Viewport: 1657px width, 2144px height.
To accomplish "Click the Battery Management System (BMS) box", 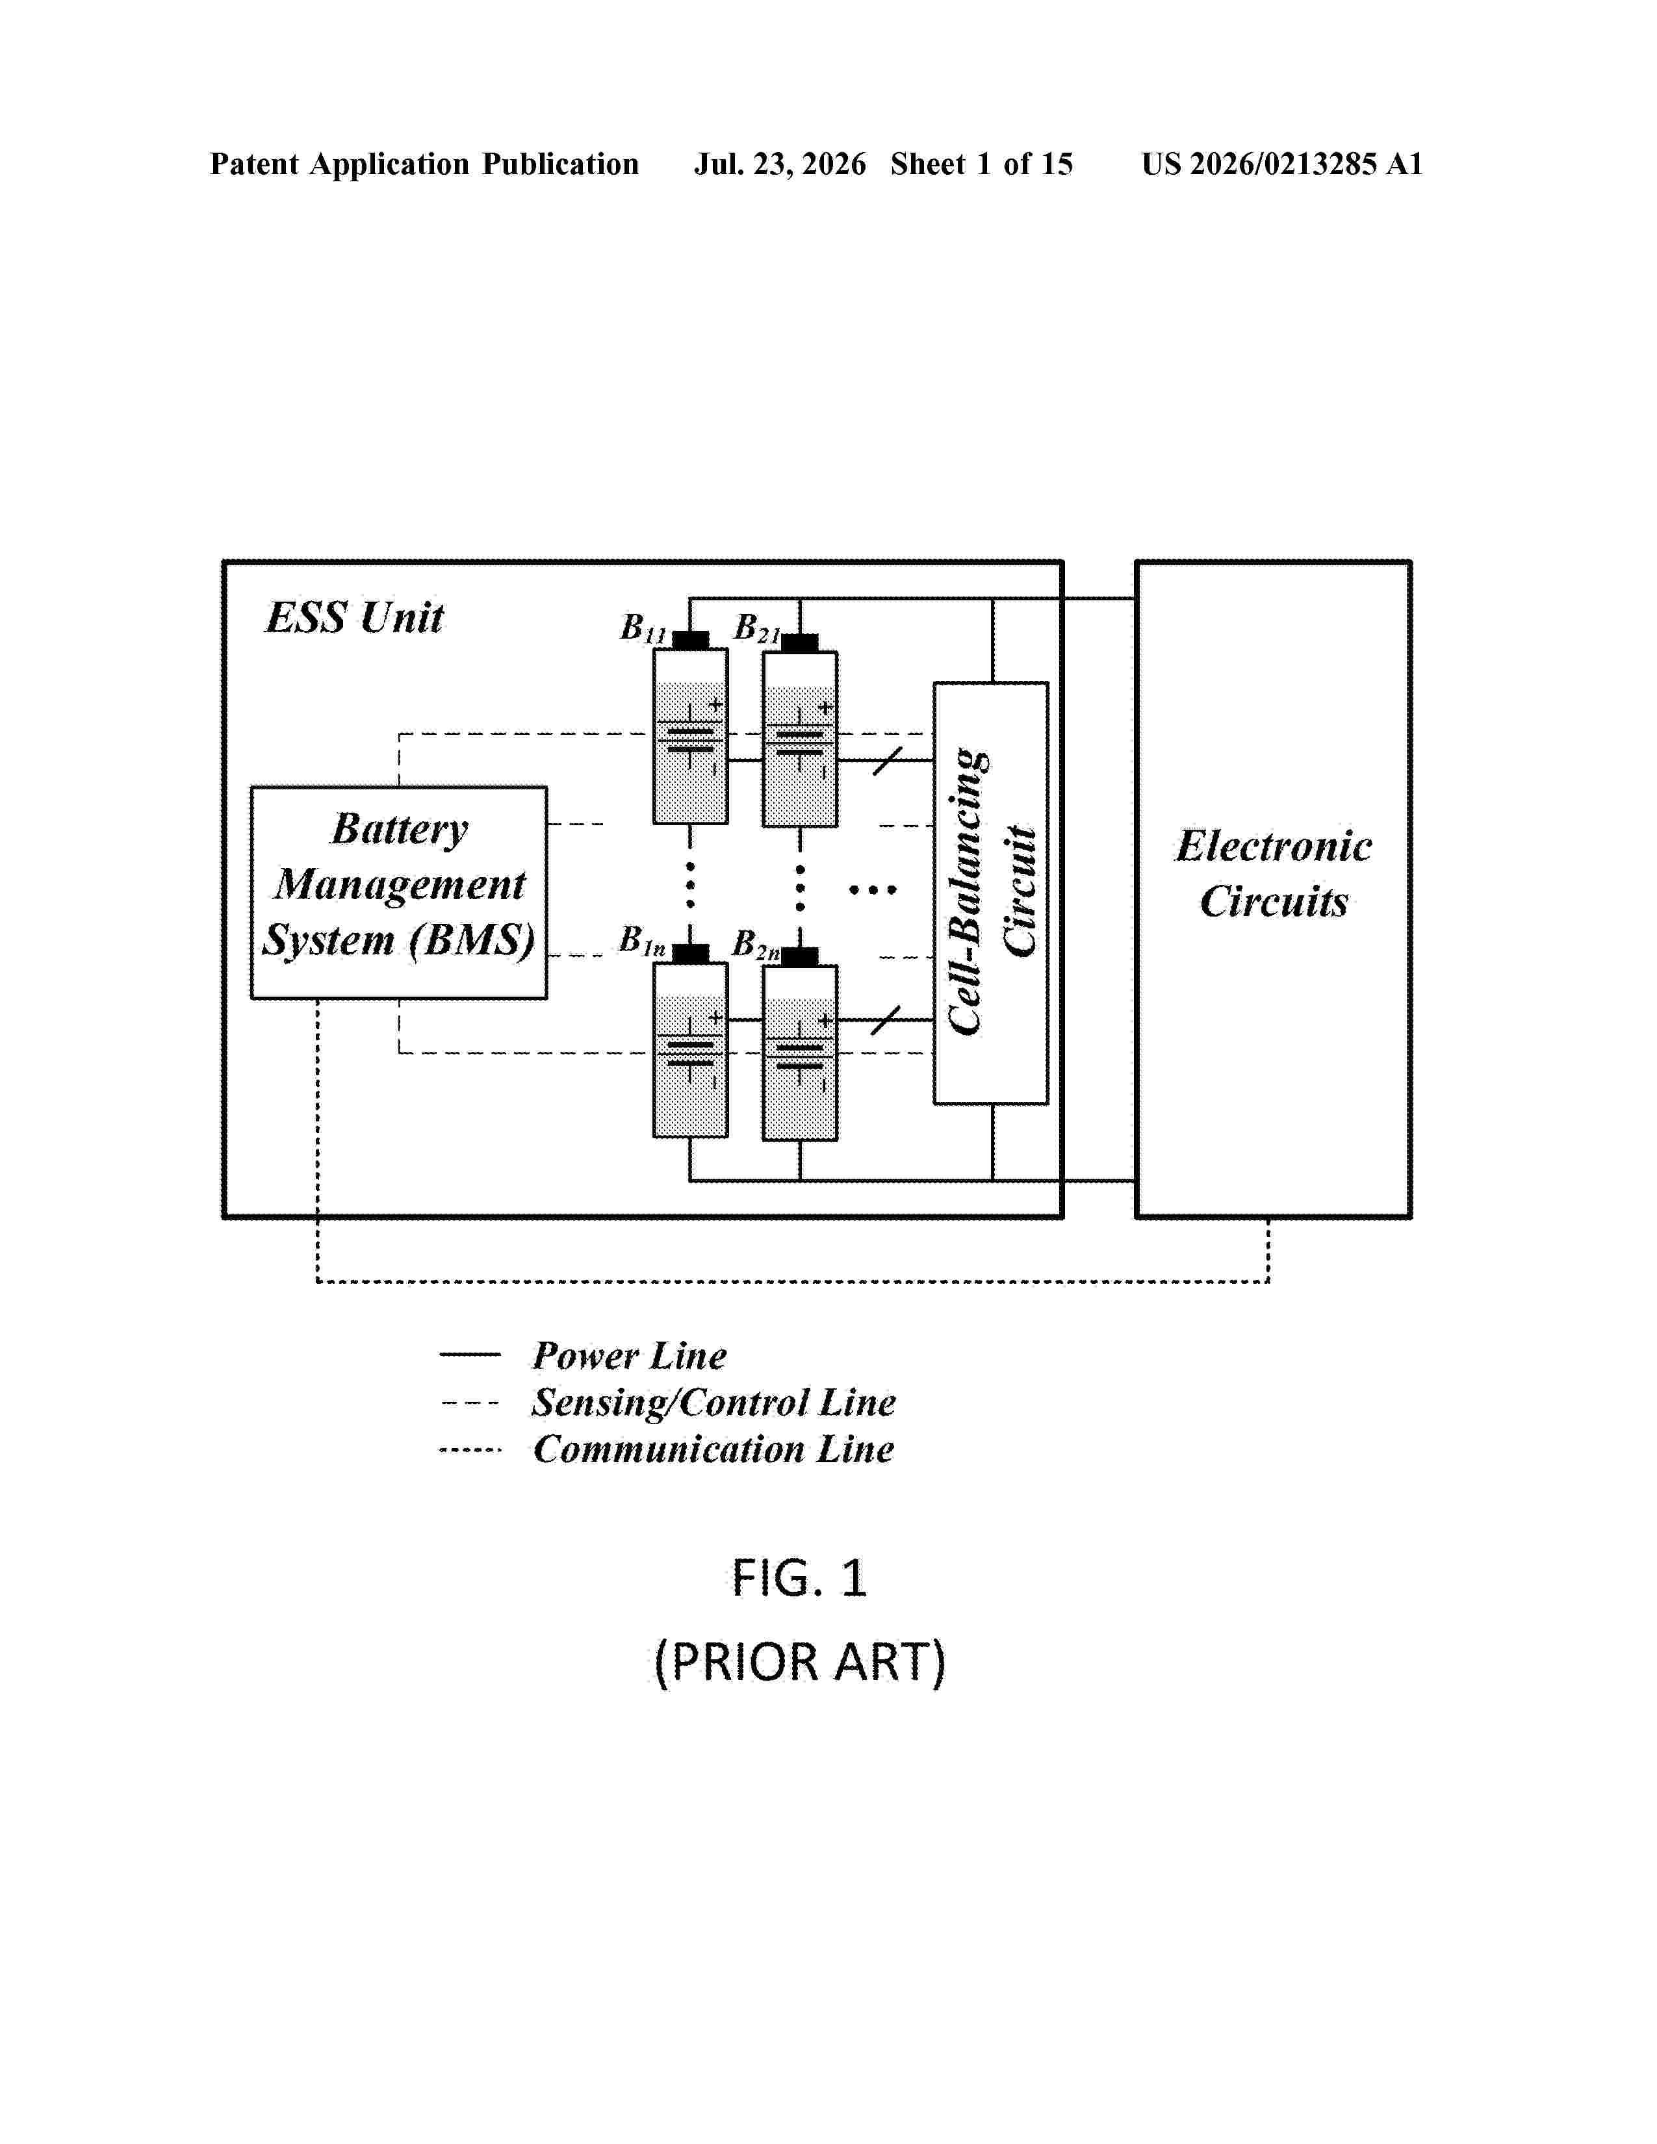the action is click(x=398, y=892).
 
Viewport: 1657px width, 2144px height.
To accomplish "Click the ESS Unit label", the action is click(x=354, y=617).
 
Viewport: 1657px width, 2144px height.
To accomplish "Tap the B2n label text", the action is click(x=756, y=945).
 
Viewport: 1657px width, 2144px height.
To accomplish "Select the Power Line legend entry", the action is click(x=583, y=1356).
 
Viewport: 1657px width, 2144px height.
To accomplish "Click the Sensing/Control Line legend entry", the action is click(x=667, y=1403).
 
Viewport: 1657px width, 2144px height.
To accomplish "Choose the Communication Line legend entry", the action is click(x=667, y=1449).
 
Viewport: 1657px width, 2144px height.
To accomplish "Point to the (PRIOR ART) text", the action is click(x=799, y=1662).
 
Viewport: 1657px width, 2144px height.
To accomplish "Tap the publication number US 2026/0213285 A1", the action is click(x=1282, y=164).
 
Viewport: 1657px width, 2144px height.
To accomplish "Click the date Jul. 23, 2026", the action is click(x=780, y=164).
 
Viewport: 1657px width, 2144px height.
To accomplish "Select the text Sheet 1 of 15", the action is click(x=982, y=164).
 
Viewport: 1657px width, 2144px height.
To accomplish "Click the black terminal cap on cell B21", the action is click(x=800, y=643).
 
